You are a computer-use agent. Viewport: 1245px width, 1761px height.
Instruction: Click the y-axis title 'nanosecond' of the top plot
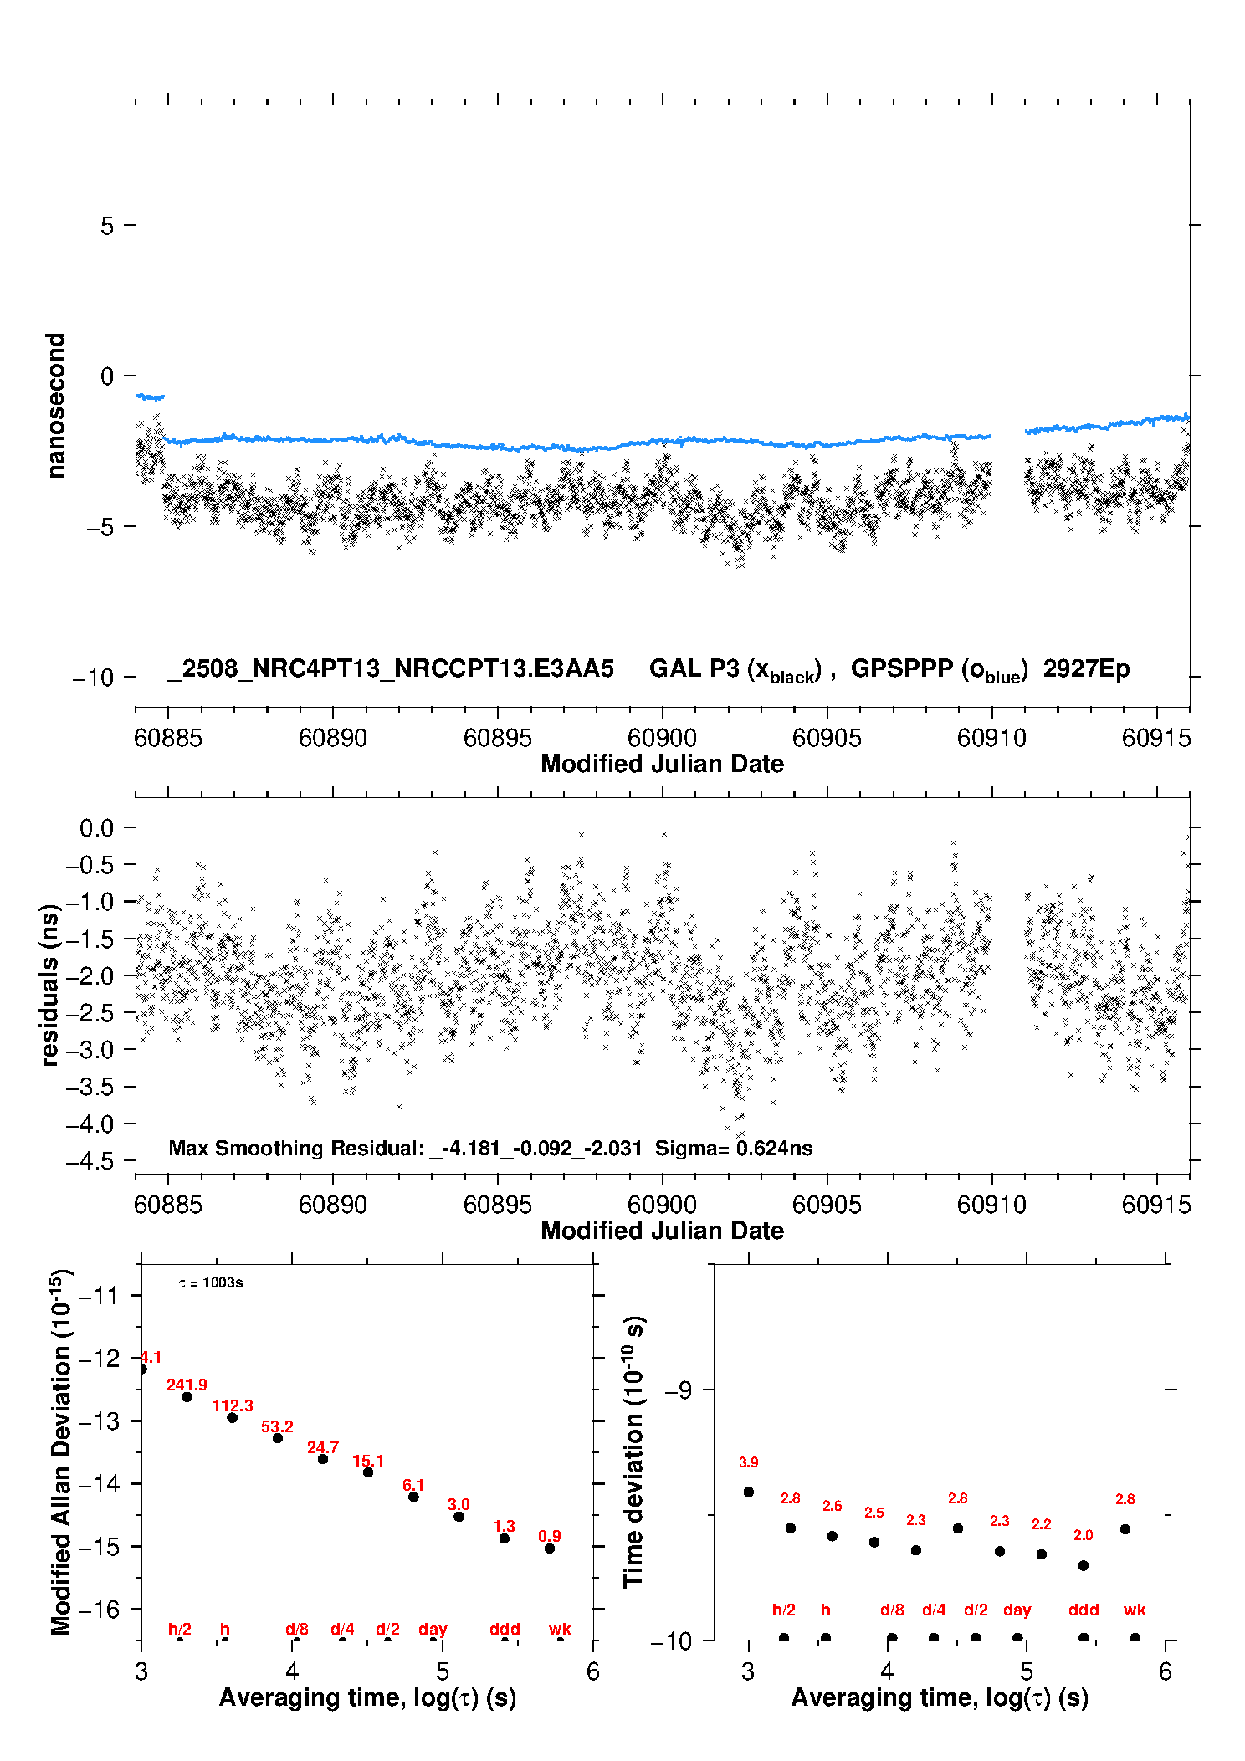pos(55,406)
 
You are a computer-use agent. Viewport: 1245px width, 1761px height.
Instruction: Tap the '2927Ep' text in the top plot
pos(1086,668)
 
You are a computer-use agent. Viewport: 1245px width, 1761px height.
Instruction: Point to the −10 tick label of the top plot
pos(93,677)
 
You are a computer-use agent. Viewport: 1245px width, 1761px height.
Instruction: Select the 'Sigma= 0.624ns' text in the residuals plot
pos(734,1148)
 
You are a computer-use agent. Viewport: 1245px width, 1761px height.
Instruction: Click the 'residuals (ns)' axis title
pos(49,985)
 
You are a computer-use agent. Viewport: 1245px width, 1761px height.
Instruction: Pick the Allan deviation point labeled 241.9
pos(187,1397)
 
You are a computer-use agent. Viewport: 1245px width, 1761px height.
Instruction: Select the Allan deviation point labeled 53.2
pos(278,1438)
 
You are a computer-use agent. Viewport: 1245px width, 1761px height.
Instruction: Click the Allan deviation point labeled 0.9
pos(550,1549)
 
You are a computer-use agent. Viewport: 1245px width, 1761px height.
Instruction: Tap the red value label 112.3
pos(233,1405)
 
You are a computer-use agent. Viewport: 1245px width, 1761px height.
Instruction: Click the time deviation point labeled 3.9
pos(749,1492)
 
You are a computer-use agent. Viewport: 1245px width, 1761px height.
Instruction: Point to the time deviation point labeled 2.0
pos(1084,1565)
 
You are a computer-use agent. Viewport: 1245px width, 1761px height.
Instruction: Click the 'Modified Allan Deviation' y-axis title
pos(61,1451)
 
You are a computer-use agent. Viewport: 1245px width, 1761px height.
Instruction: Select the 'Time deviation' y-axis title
pos(633,1452)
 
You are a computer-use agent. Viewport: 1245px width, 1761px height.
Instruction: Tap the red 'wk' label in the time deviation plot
pos(1135,1610)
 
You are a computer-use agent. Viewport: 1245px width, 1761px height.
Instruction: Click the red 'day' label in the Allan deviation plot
pos(433,1629)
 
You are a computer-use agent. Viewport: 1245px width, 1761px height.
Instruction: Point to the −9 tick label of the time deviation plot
pos(679,1390)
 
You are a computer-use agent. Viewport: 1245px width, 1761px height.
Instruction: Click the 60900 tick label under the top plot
pos(662,738)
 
